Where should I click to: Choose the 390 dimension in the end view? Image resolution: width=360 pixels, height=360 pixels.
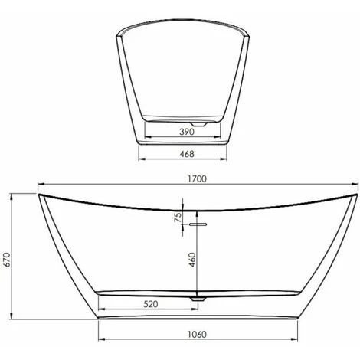pos(184,132)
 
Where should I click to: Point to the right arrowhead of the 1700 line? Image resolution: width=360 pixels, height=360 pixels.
pos(358,185)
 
